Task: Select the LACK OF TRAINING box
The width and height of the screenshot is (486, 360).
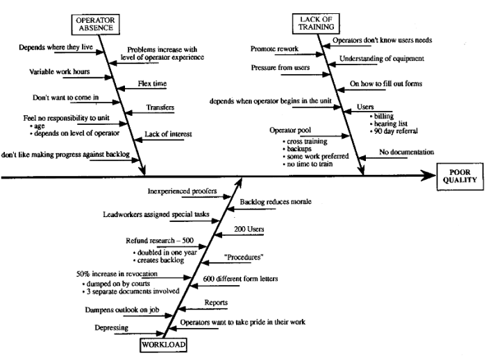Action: coord(317,22)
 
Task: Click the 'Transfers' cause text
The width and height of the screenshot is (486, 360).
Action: coord(160,108)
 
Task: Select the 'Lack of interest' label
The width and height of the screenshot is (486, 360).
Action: coord(168,134)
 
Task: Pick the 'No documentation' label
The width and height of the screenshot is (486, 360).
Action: coord(406,152)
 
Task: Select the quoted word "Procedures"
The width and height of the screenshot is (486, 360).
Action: coord(243,256)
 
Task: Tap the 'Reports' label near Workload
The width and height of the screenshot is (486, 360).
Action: coord(215,302)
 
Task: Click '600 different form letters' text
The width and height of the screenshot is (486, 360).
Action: coord(240,279)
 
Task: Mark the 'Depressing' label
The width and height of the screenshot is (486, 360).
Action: coord(111,326)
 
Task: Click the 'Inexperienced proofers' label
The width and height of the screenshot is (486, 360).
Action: coord(183,189)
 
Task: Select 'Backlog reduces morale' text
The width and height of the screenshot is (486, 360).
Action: coord(275,202)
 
